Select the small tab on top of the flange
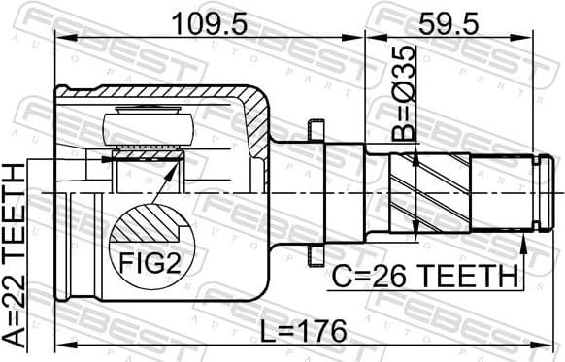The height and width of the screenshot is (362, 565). [x=313, y=127]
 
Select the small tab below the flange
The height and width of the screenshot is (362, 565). [x=313, y=256]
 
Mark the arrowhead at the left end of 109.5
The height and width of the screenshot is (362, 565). [x=60, y=38]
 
